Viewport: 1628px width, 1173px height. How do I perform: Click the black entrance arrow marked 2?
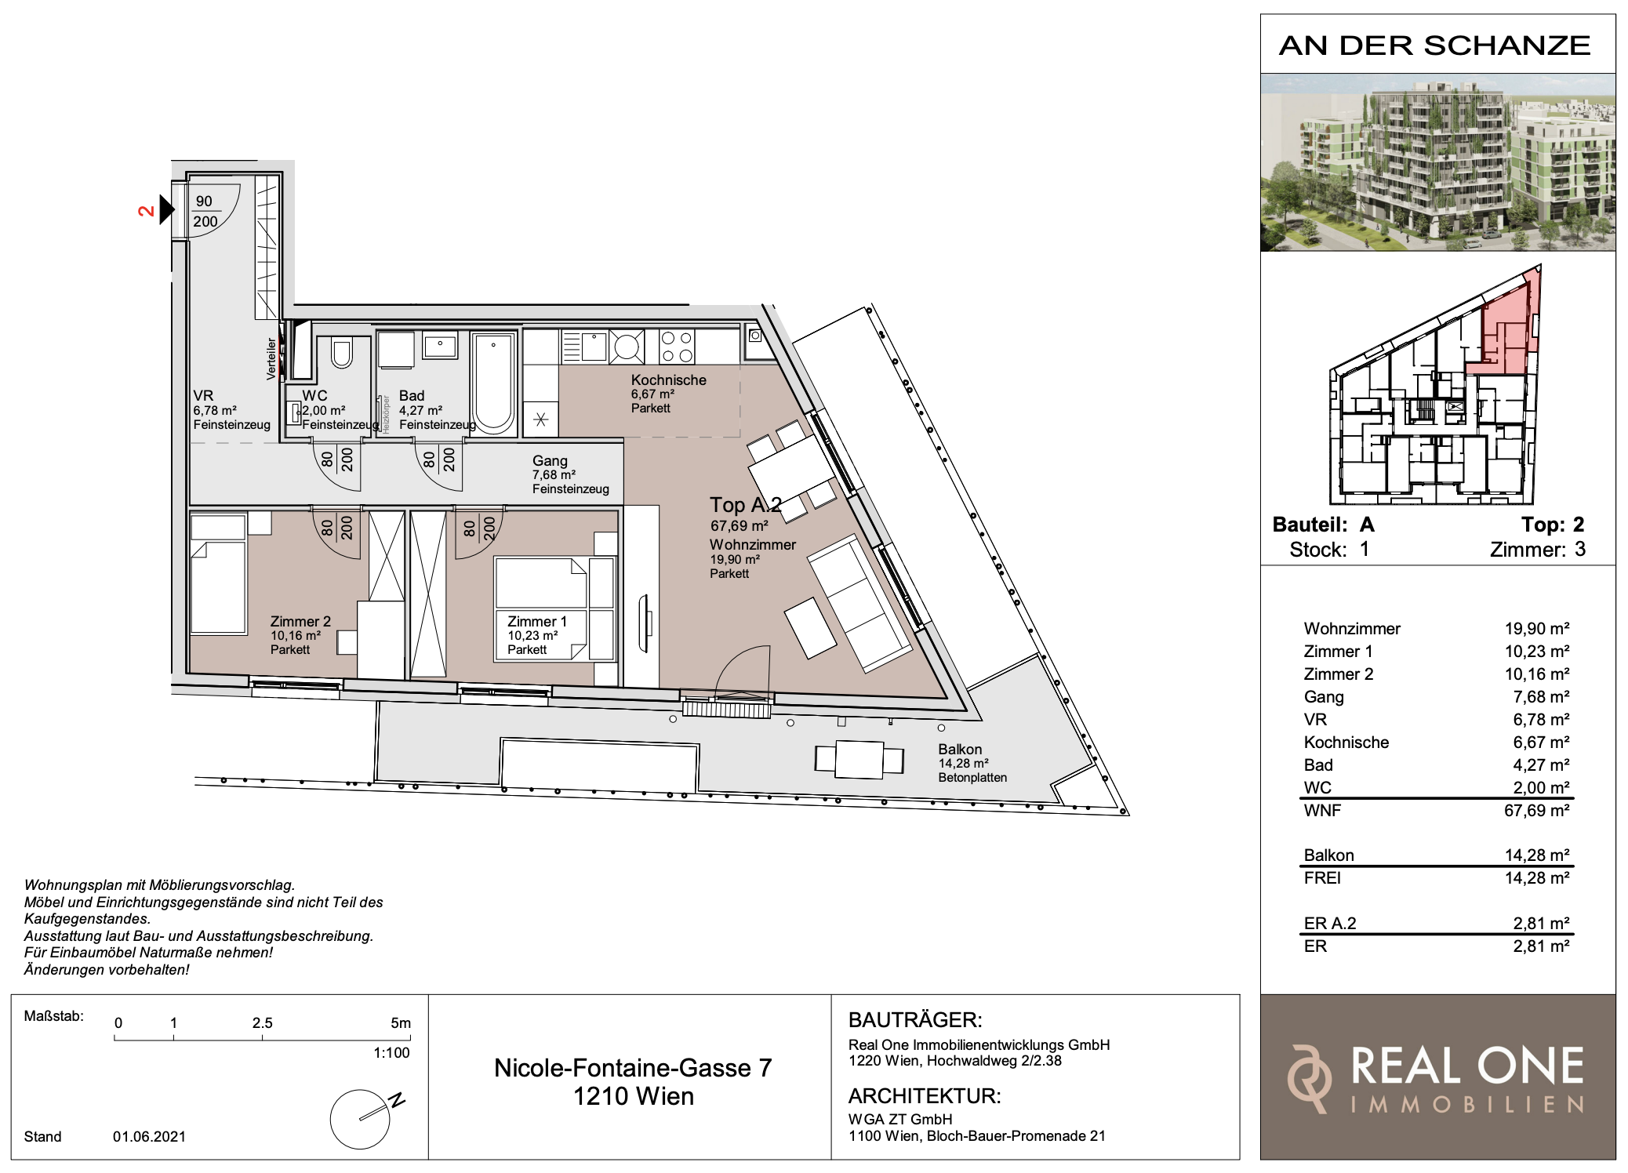166,209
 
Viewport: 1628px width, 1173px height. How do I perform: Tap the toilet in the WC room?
342,352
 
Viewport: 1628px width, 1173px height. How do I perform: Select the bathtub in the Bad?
493,383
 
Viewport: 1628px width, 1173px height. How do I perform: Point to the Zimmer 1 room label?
536,621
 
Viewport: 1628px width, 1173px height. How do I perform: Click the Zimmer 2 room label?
300,621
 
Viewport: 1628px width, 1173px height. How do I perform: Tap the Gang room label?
550,461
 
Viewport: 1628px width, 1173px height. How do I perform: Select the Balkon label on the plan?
960,749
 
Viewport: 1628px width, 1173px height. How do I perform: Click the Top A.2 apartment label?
745,506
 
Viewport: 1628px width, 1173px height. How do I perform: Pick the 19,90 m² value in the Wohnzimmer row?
1536,628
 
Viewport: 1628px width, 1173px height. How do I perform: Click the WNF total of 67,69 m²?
1536,810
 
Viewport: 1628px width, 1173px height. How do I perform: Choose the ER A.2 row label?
1330,923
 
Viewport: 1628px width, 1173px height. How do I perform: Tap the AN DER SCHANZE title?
1435,45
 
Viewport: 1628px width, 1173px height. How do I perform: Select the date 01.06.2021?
149,1136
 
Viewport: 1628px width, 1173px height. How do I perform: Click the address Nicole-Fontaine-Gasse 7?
633,1067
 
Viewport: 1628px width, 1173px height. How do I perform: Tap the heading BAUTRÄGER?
915,1019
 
